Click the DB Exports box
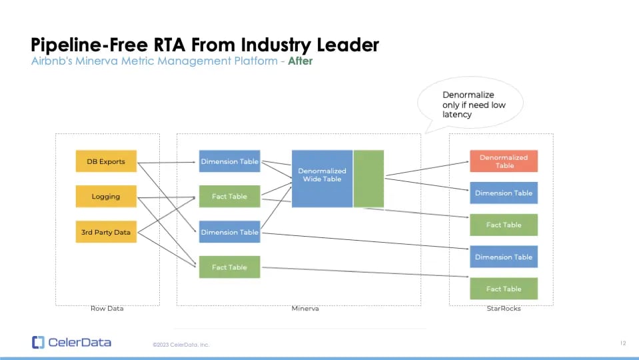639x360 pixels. tap(106, 161)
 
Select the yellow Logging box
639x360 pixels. tap(106, 196)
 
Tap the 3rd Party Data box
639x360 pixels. tap(106, 231)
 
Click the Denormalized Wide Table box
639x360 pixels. tap(322, 179)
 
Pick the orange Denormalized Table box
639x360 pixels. tap(504, 161)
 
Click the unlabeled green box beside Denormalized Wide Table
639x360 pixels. tap(368, 179)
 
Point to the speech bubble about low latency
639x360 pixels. tap(470, 105)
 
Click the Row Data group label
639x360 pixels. tap(107, 309)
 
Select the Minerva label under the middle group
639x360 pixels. tap(305, 309)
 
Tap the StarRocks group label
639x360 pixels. tap(504, 309)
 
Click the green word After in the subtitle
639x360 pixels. tap(301, 61)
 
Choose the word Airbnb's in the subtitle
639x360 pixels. tap(52, 61)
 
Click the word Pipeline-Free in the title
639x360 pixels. tap(89, 45)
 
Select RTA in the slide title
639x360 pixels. tap(169, 45)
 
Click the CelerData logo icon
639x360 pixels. tap(38, 343)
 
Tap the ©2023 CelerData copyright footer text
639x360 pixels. tap(181, 345)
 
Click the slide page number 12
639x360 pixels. tap(623, 343)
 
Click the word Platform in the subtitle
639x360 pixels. tap(255, 61)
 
